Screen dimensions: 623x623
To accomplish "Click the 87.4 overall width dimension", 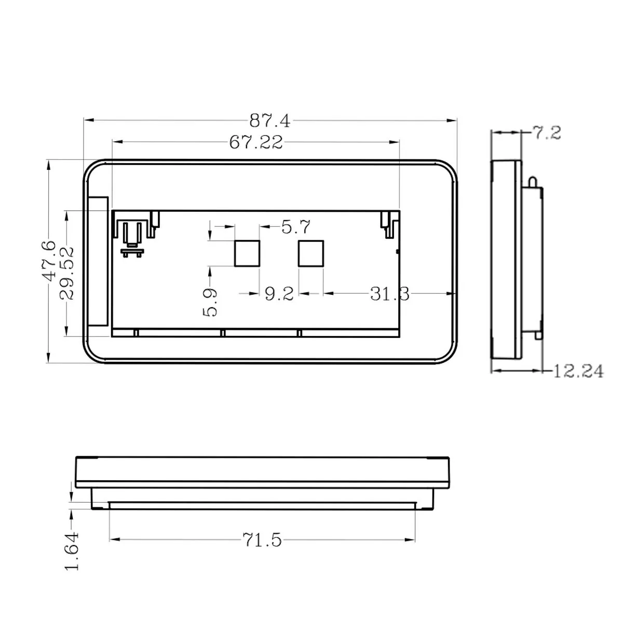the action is [x=270, y=121].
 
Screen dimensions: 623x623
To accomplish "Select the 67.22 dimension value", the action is [x=256, y=142].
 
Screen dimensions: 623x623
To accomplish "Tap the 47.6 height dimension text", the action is [x=48, y=261].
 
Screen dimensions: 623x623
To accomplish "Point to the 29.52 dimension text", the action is [x=66, y=274].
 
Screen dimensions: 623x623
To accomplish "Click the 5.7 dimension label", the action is [x=296, y=227].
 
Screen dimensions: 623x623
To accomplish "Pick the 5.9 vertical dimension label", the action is [x=210, y=302].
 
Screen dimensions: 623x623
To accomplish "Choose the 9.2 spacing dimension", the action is [x=279, y=294].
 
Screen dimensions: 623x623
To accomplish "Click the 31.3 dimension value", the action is [x=389, y=294].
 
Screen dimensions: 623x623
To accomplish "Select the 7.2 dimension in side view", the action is [x=547, y=133].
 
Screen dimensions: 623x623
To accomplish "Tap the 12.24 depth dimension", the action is [x=578, y=371].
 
